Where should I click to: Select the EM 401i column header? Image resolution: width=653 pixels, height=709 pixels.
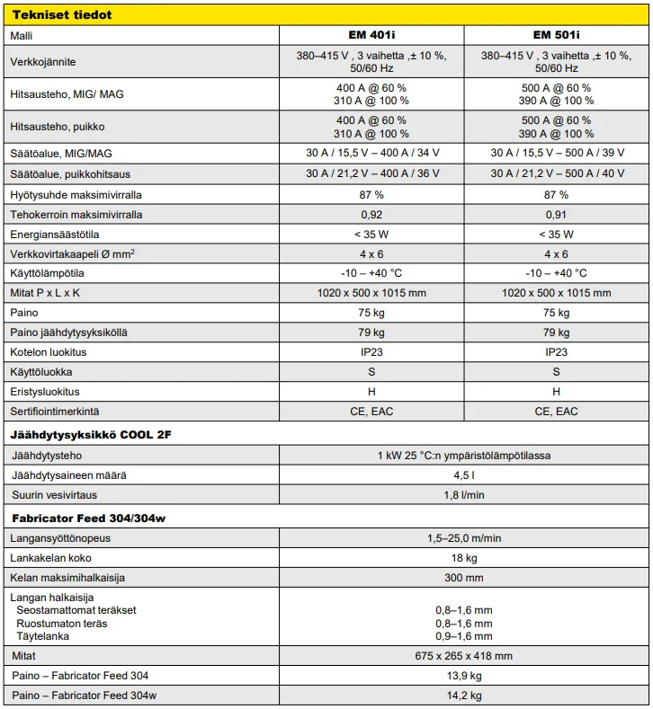click(x=371, y=35)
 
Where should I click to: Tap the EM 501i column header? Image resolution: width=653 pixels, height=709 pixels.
click(x=556, y=35)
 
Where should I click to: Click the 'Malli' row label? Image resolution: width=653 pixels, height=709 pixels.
click(x=21, y=35)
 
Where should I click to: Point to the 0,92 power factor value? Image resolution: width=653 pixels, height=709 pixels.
click(x=371, y=215)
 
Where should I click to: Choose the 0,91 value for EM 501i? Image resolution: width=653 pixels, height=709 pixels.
click(x=556, y=215)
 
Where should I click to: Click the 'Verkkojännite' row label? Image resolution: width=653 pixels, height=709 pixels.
click(x=43, y=62)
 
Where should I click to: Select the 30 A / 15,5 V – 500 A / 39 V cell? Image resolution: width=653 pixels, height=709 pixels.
click(x=556, y=152)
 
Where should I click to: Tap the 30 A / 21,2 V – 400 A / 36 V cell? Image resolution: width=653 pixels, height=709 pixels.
click(x=371, y=173)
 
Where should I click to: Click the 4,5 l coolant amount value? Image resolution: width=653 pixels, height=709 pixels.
click(x=464, y=475)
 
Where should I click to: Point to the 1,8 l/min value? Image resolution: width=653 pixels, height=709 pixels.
click(x=464, y=495)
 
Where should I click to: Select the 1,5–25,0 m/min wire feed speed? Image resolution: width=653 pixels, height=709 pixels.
click(x=464, y=538)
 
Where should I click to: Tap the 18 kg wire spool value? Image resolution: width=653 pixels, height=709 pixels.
click(x=464, y=558)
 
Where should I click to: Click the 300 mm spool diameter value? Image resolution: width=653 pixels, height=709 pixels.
click(x=464, y=578)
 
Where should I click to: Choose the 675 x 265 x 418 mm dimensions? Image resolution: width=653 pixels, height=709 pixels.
click(x=464, y=656)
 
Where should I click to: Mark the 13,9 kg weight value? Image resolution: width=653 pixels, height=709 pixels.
click(x=464, y=676)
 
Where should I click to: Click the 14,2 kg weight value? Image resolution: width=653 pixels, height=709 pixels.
click(x=464, y=696)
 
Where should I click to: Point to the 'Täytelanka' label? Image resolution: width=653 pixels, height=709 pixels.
click(x=41, y=636)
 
